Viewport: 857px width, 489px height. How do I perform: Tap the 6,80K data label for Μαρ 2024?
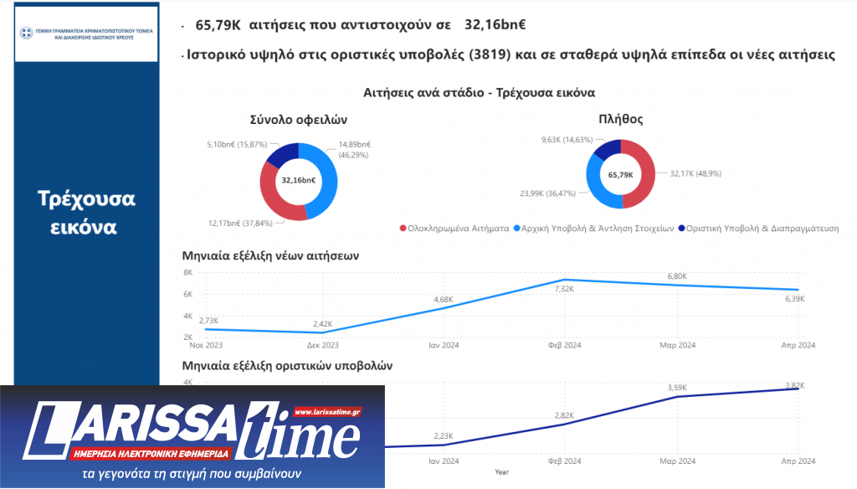coord(676,276)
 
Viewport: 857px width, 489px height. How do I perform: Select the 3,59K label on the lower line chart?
coord(676,388)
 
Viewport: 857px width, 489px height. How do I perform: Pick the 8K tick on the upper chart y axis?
coord(187,273)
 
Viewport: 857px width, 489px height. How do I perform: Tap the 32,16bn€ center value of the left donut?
coord(299,180)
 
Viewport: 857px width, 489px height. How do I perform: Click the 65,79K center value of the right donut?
coord(620,175)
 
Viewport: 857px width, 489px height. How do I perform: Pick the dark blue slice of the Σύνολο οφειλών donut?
coord(283,155)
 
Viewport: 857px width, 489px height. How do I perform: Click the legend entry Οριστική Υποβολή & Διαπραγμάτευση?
coord(762,228)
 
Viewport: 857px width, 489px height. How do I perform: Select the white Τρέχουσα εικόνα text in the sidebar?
coord(86,213)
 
